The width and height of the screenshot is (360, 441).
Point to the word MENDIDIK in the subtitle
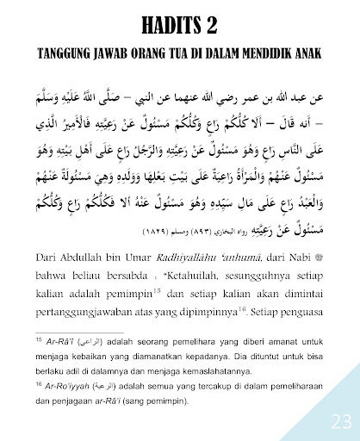tap(256, 53)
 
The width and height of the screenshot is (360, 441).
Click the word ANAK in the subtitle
tap(306, 53)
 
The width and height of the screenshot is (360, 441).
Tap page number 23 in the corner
tap(339, 421)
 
